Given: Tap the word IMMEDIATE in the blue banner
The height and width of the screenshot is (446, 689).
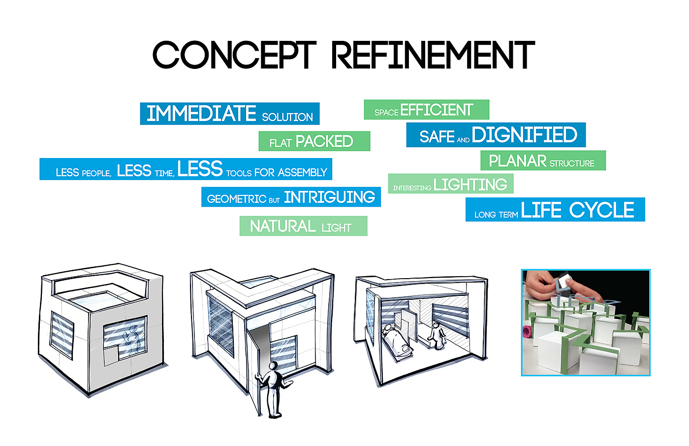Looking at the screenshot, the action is click(201, 113).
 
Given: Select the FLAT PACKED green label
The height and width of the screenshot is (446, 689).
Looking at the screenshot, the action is click(314, 141).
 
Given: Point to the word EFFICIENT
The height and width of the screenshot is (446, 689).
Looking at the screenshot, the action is click(437, 110).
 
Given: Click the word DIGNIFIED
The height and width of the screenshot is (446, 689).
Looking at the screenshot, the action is click(524, 135).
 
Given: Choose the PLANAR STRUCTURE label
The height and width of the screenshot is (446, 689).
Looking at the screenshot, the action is click(543, 160).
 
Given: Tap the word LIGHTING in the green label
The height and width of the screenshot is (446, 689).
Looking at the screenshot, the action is click(470, 185).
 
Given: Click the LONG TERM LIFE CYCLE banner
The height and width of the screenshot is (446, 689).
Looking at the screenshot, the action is click(555, 210).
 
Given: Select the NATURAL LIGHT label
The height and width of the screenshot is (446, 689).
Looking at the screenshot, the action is click(303, 226).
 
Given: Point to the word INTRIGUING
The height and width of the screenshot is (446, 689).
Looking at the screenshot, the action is click(329, 197).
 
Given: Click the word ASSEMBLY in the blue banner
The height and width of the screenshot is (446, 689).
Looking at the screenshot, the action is click(302, 172).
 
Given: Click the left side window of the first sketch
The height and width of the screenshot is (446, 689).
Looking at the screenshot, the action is click(62, 334).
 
